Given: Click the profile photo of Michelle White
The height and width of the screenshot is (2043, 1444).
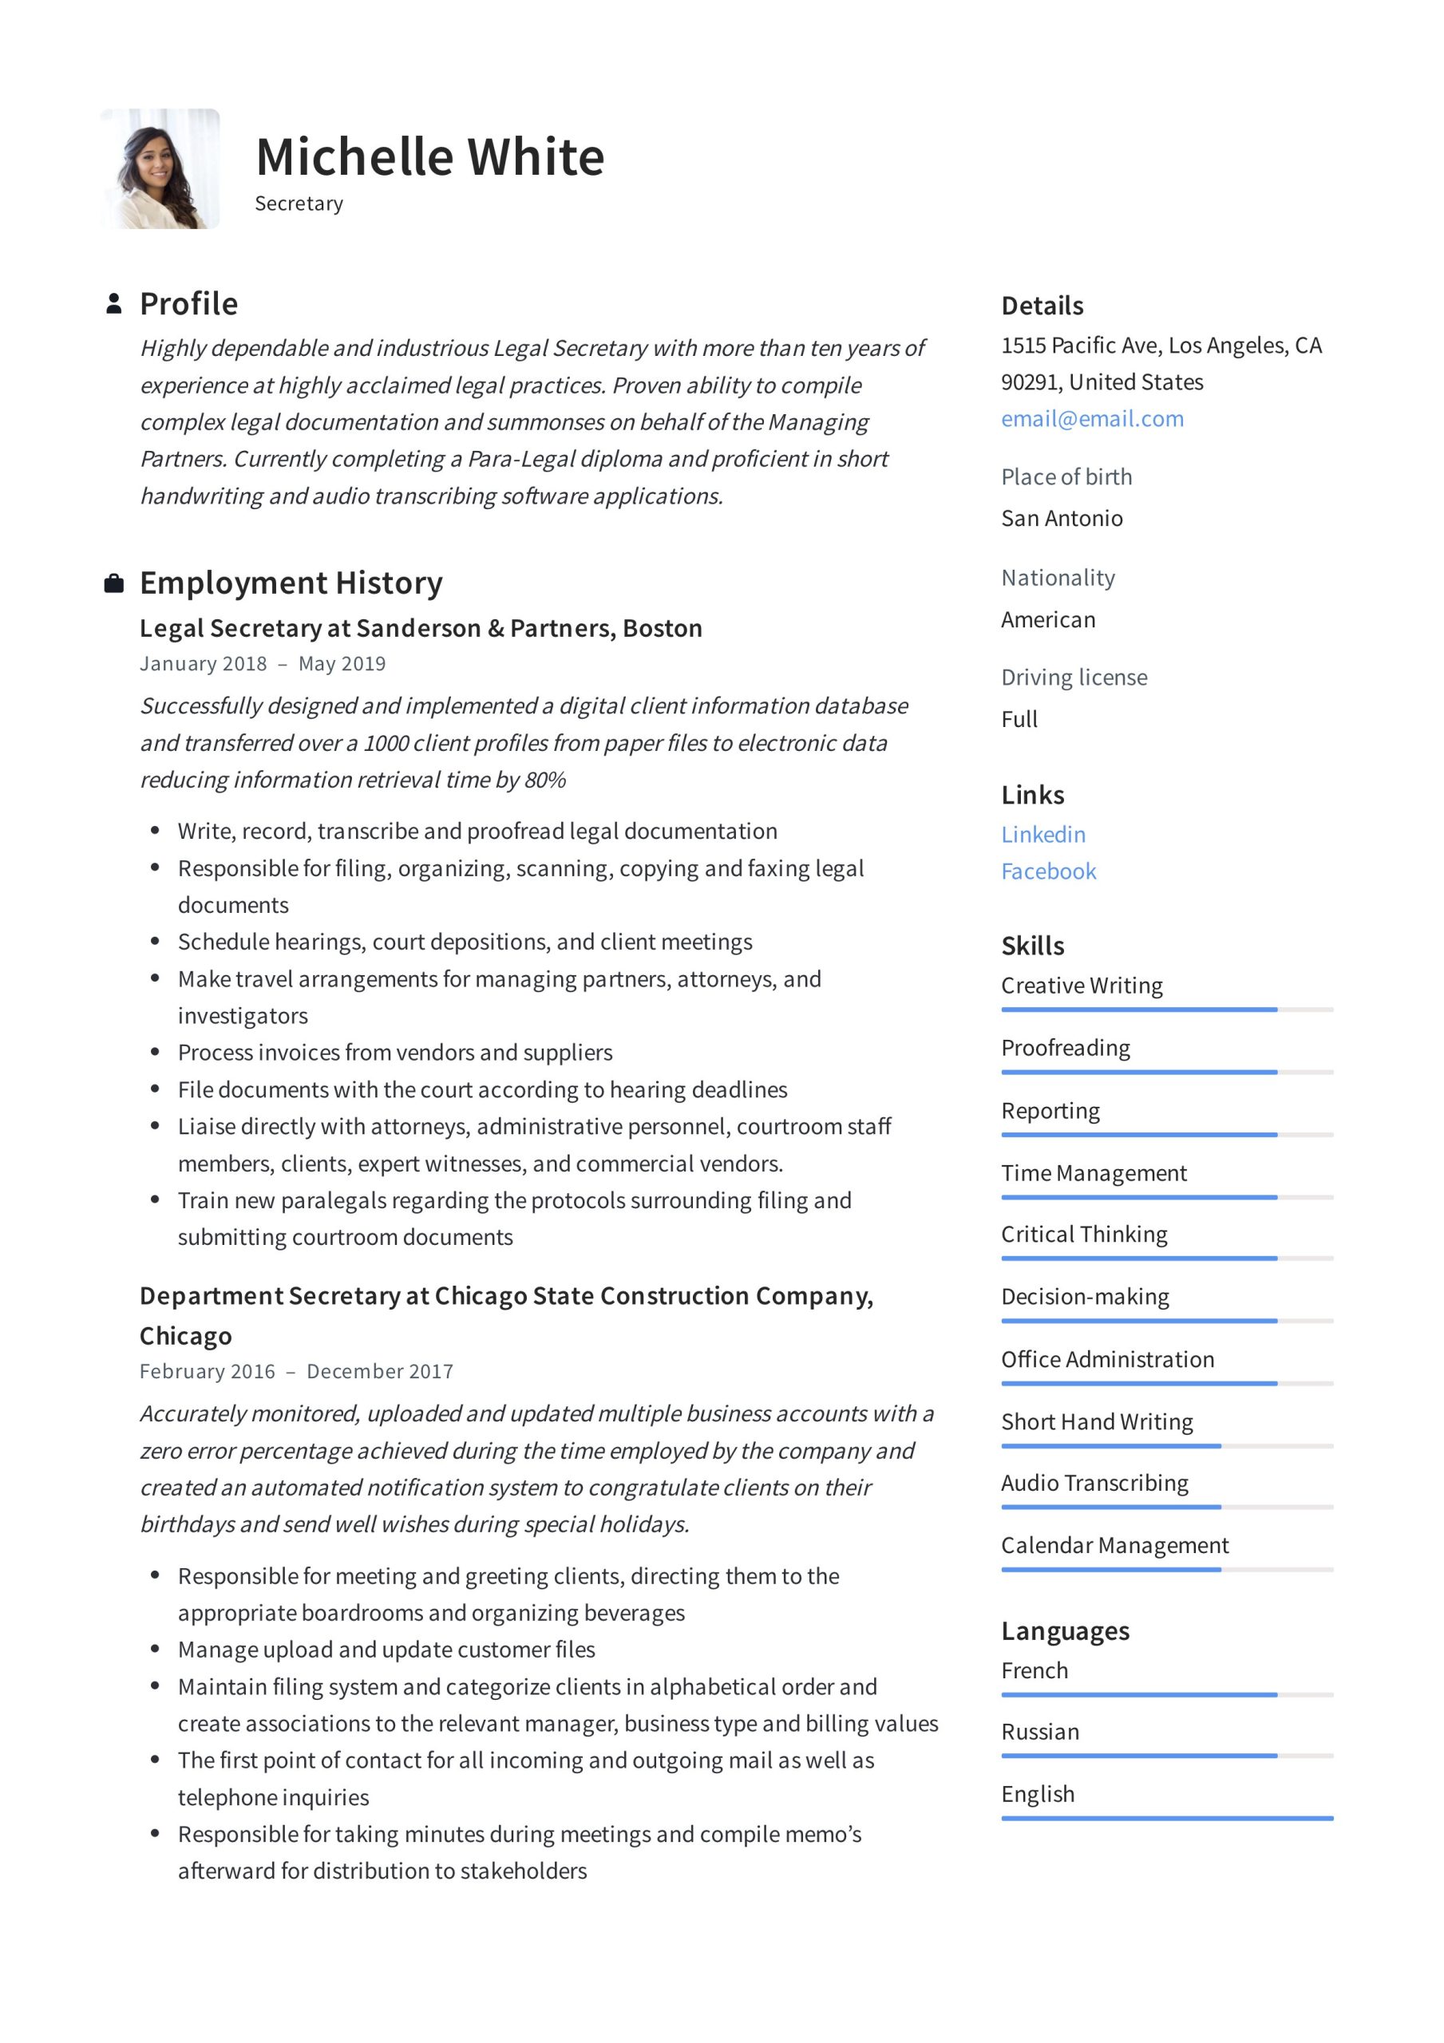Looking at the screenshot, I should tap(160, 169).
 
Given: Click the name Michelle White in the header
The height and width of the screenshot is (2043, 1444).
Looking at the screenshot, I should tap(430, 157).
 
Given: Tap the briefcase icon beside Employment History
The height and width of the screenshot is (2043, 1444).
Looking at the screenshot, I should tap(114, 583).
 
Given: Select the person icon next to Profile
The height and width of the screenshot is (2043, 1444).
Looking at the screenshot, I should tap(114, 303).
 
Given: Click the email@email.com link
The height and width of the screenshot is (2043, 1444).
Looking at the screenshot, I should tap(1092, 419).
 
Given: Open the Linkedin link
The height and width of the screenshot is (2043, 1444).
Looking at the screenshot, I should tap(1043, 835).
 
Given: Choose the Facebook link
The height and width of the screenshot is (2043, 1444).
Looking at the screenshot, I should tap(1049, 871).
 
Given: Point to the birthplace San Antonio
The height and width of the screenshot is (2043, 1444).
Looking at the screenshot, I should tap(1062, 519).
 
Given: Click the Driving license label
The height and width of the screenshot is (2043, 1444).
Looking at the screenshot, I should tap(1074, 678).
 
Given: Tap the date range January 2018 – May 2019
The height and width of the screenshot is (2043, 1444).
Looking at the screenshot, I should tap(263, 664).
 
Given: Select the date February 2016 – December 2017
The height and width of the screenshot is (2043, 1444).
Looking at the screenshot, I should tap(296, 1371).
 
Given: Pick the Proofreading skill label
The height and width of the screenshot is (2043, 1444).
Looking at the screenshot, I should tap(1066, 1048).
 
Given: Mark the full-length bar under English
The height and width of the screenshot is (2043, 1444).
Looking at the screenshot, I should tap(1166, 1818).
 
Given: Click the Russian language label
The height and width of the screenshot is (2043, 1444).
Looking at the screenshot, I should tap(1040, 1732).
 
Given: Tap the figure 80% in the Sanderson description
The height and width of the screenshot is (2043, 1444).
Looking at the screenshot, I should tap(545, 780).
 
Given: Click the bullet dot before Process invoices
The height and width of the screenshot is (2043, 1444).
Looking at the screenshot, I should tap(155, 1052).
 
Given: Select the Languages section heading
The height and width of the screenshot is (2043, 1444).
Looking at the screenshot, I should tap(1065, 1631).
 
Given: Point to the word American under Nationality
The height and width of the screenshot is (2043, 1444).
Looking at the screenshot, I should tap(1048, 619).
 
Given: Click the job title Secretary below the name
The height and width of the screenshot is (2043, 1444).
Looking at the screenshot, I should tap(299, 204).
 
